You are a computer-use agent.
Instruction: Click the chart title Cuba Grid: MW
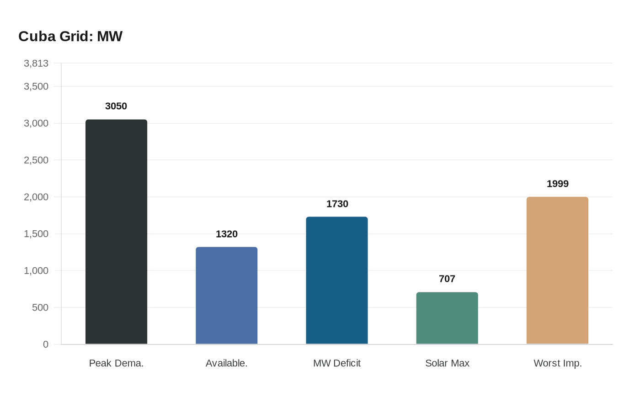click(70, 37)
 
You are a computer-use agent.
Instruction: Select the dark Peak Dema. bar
click(116, 232)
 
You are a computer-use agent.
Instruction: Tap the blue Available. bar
click(226, 296)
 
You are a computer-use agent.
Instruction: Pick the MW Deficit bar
click(337, 280)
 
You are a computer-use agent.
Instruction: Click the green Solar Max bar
click(447, 318)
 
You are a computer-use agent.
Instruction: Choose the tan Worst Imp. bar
click(557, 270)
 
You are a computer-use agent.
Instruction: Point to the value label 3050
click(116, 106)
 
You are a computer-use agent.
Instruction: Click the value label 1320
click(226, 234)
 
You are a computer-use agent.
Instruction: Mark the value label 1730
click(337, 204)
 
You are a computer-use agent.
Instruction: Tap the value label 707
click(447, 279)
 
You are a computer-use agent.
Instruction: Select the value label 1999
click(557, 184)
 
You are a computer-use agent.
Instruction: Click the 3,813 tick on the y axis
click(36, 63)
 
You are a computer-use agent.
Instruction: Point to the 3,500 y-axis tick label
click(36, 87)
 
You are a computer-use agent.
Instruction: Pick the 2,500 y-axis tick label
click(36, 160)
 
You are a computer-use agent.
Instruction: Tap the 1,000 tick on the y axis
click(36, 271)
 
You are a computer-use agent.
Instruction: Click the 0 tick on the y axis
click(46, 344)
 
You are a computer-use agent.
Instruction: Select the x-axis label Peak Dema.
click(116, 364)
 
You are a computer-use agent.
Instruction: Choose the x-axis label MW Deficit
click(337, 364)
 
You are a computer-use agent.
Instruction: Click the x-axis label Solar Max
click(447, 364)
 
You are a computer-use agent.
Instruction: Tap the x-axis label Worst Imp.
click(557, 364)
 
